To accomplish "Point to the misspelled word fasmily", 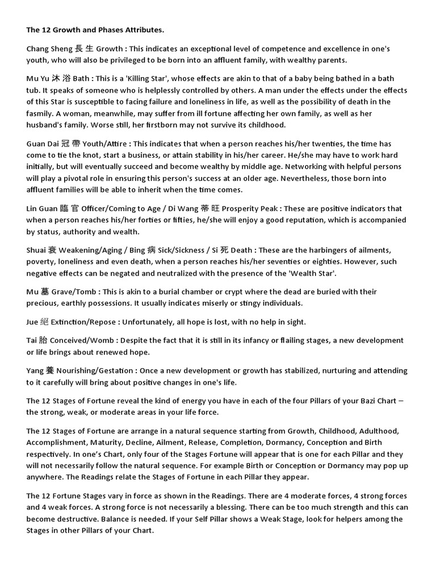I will (x=40, y=113).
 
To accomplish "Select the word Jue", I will (x=33, y=322).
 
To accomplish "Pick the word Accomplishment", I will (x=54, y=443).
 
